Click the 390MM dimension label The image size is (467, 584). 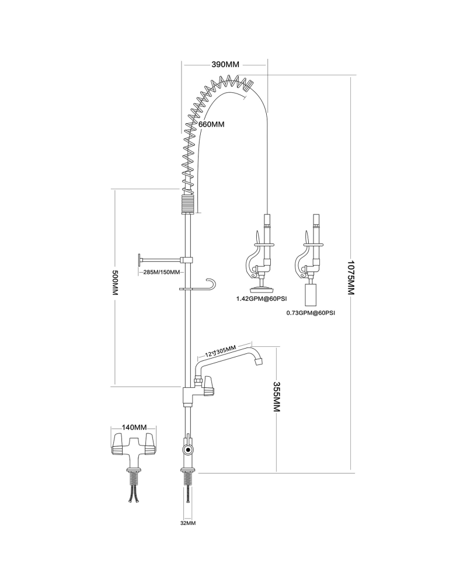[225, 64]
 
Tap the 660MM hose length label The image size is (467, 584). [211, 124]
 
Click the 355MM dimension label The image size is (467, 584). [276, 397]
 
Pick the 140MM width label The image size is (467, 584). [134, 428]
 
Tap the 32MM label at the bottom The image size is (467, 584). [187, 523]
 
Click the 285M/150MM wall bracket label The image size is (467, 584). [161, 272]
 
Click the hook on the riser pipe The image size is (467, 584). [214, 284]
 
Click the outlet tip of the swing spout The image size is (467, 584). [259, 361]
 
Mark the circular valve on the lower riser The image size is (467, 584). [187, 450]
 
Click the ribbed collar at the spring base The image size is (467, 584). [186, 205]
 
